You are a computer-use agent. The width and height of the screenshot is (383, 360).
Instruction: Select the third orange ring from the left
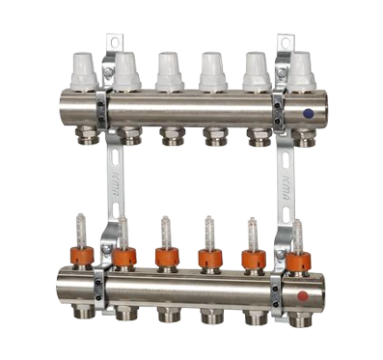point(167,258)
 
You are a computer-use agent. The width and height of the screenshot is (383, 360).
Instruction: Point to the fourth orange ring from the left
point(209,258)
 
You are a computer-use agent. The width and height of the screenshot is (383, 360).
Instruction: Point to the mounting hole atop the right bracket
point(285,42)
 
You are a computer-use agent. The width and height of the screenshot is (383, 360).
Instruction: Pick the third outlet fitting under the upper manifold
point(171,134)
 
